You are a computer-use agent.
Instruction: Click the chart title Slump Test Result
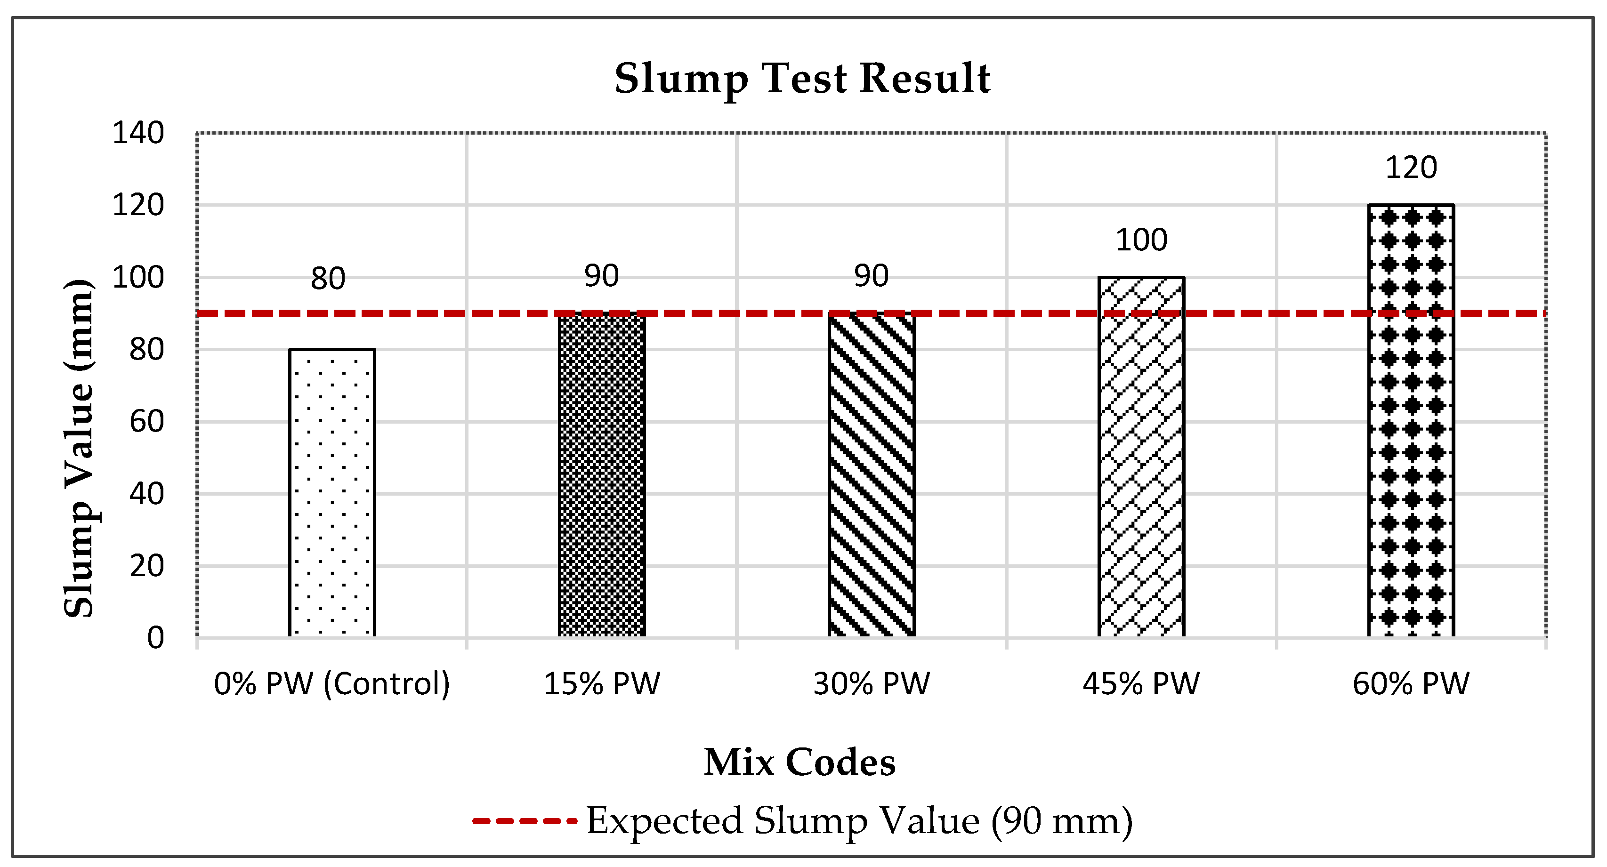tap(802, 79)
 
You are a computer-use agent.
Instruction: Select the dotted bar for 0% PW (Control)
tap(332, 493)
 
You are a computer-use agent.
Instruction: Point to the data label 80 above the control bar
tap(328, 278)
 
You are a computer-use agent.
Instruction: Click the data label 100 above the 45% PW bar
tap(1141, 240)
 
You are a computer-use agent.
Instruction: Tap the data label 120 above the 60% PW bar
tap(1411, 168)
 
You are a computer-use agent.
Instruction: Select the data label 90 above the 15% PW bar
tap(601, 276)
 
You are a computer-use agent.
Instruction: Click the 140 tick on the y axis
tap(138, 133)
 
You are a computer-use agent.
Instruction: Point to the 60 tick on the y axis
tap(146, 422)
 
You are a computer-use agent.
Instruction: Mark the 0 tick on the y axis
tap(155, 638)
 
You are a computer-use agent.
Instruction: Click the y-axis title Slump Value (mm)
tap(79, 448)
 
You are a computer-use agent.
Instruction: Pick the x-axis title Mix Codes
tap(800, 762)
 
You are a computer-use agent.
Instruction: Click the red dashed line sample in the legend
tap(524, 821)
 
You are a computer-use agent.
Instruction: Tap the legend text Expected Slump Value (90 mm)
tap(859, 821)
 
